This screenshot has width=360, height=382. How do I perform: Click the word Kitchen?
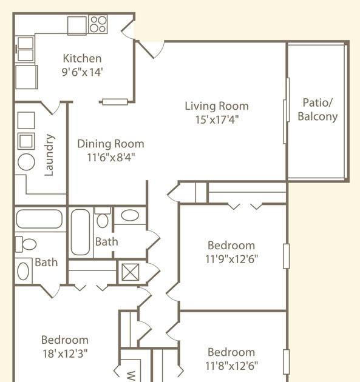[x=82, y=58]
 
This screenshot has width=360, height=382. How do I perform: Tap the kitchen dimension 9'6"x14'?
[x=82, y=72]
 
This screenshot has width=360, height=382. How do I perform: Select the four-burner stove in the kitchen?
[x=98, y=24]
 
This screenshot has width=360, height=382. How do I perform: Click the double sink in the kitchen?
[x=25, y=49]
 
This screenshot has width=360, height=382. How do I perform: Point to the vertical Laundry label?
[x=49, y=155]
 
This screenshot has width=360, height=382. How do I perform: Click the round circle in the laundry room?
[x=26, y=162]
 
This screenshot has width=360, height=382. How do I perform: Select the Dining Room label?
[x=110, y=144]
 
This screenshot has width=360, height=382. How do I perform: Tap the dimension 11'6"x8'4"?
[x=111, y=158]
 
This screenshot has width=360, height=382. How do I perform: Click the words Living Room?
[x=217, y=106]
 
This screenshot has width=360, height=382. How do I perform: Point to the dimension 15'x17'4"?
[x=217, y=119]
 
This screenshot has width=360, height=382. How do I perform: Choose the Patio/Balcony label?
[x=318, y=110]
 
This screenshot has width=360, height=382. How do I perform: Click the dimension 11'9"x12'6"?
[x=231, y=259]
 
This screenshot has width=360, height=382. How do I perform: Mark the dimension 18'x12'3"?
[x=65, y=354]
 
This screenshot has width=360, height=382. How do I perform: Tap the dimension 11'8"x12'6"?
[x=231, y=366]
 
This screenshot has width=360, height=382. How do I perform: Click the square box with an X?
[x=131, y=272]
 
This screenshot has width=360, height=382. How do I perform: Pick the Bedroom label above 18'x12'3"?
[x=65, y=340]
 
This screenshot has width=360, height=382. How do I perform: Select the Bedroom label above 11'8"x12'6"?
[x=231, y=352]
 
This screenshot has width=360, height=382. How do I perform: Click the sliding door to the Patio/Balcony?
[x=287, y=111]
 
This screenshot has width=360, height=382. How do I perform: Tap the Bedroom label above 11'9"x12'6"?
[x=231, y=246]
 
